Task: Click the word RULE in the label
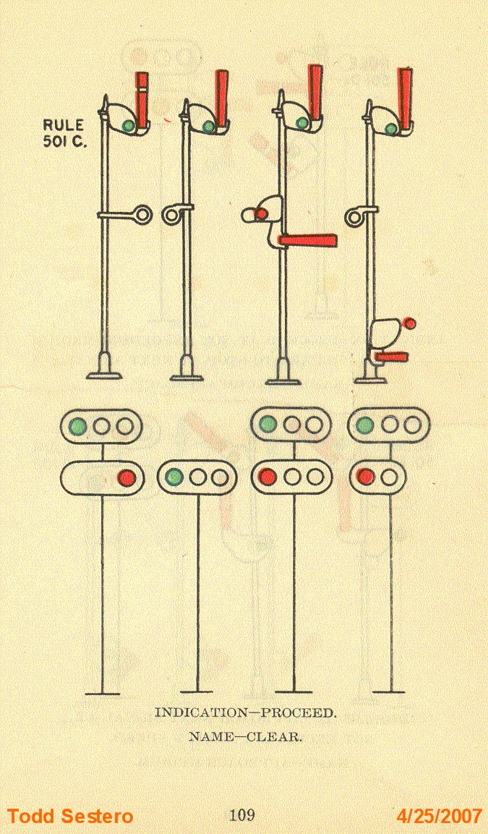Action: pos(64,126)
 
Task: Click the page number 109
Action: pos(241,816)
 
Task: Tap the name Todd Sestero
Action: pos(70,817)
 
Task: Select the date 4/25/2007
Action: pos(440,817)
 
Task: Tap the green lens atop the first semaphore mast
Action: pos(128,126)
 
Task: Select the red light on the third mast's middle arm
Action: pos(262,213)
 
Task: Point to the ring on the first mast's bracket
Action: pos(142,214)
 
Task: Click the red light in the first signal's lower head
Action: pos(127,477)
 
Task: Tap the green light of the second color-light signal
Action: pos(174,477)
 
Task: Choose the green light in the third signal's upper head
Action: pos(268,425)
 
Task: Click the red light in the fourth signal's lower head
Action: pos(366,477)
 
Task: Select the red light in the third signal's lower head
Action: pos(268,477)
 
